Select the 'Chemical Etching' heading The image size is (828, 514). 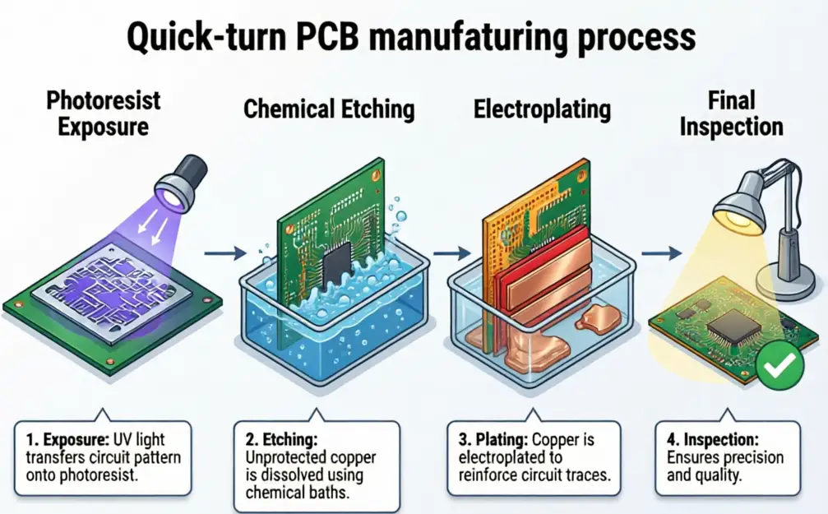pyautogui.click(x=329, y=109)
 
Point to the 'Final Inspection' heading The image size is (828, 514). pyautogui.click(x=732, y=115)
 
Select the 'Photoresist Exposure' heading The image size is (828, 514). pyautogui.click(x=104, y=114)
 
